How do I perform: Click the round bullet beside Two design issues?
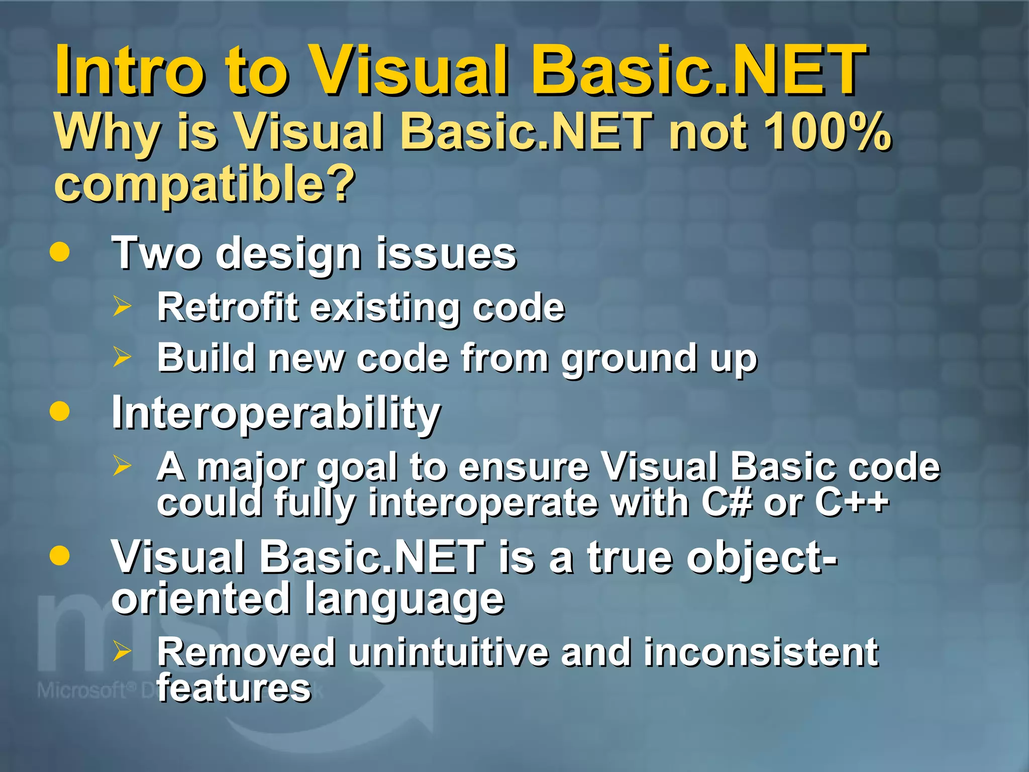tap(60, 252)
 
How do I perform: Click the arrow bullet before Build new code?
tap(122, 357)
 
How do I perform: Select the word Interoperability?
tap(276, 413)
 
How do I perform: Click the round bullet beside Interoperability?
tap(60, 411)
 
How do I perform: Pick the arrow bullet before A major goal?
tap(122, 465)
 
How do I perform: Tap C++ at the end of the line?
tap(852, 502)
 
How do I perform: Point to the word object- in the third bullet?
tap(762, 558)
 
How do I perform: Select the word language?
tap(404, 599)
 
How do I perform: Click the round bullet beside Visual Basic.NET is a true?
tap(60, 556)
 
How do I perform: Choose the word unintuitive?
tap(449, 652)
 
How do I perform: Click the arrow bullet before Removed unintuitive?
tap(122, 651)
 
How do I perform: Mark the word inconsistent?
tap(761, 652)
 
